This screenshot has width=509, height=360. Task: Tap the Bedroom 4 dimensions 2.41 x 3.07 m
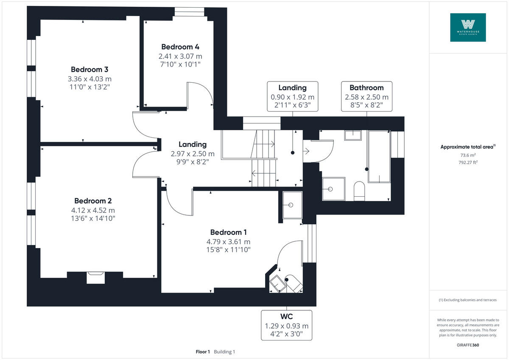pyautogui.click(x=180, y=56)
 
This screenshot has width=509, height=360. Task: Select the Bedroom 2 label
pyautogui.click(x=93, y=201)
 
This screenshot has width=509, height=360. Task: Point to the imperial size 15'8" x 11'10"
pyautogui.click(x=229, y=250)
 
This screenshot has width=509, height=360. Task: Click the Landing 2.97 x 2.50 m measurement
pyautogui.click(x=193, y=153)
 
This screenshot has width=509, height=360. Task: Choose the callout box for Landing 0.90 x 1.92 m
pyautogui.click(x=292, y=96)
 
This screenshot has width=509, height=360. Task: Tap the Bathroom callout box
pyautogui.click(x=366, y=96)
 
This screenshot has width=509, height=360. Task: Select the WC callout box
pyautogui.click(x=286, y=325)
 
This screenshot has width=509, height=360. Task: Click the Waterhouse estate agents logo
pyautogui.click(x=468, y=28)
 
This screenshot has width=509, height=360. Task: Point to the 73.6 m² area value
pyautogui.click(x=468, y=155)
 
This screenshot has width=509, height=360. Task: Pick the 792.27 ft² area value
pyautogui.click(x=468, y=162)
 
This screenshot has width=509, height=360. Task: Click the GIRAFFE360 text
pyautogui.click(x=468, y=345)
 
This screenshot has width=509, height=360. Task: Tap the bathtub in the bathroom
pyautogui.click(x=378, y=157)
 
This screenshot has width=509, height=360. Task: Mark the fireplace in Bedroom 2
pyautogui.click(x=95, y=277)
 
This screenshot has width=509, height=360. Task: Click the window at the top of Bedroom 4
pyautogui.click(x=189, y=12)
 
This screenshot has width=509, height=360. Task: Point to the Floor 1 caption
pyautogui.click(x=203, y=352)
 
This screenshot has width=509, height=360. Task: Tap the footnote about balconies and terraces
pyautogui.click(x=468, y=300)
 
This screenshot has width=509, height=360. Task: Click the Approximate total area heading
pyautogui.click(x=468, y=147)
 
